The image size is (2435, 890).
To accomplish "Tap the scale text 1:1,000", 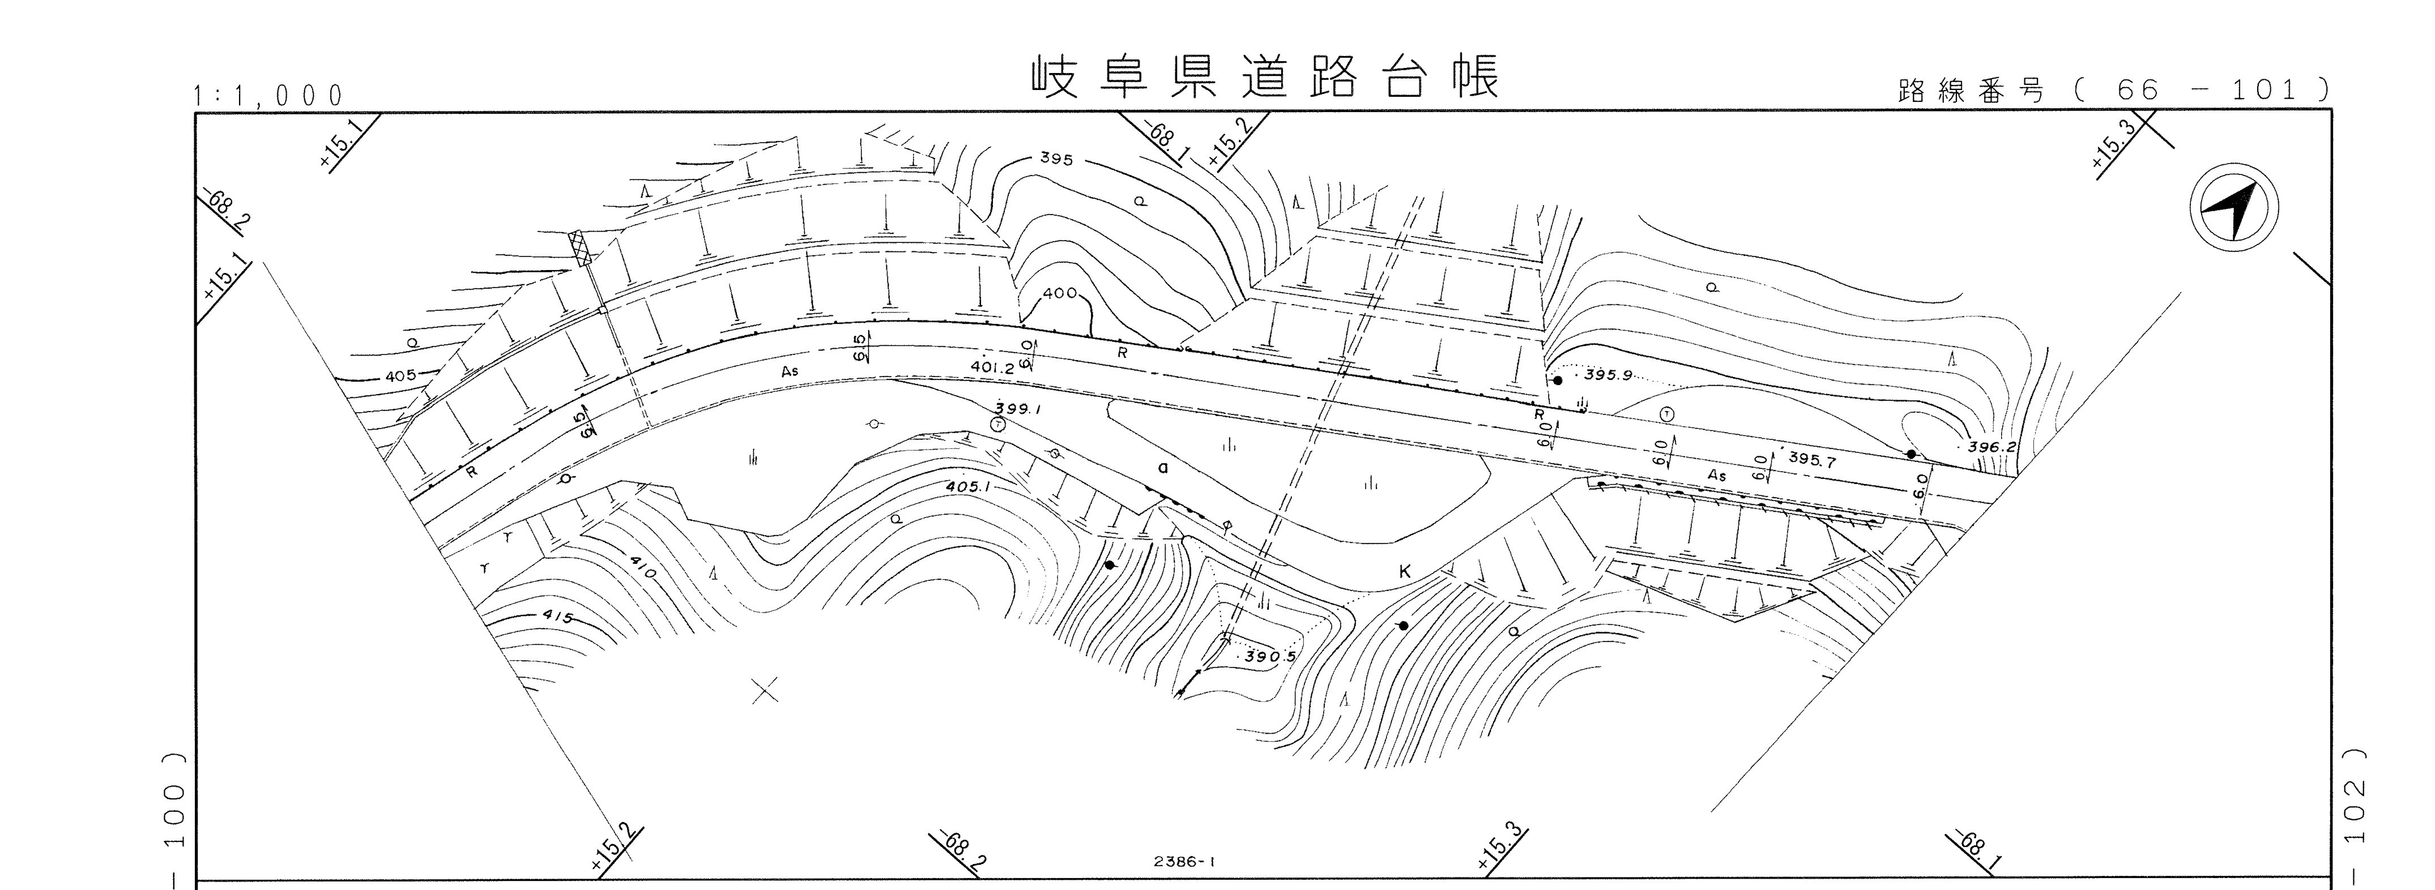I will point(267,96).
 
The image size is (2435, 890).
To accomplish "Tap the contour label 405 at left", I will point(400,376).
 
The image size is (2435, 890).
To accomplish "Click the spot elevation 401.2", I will point(992,367).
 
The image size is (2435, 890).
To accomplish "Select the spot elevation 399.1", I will point(1017,410).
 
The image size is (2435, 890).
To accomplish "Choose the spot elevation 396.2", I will point(1992,447).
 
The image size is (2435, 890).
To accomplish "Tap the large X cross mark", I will point(766,691).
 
